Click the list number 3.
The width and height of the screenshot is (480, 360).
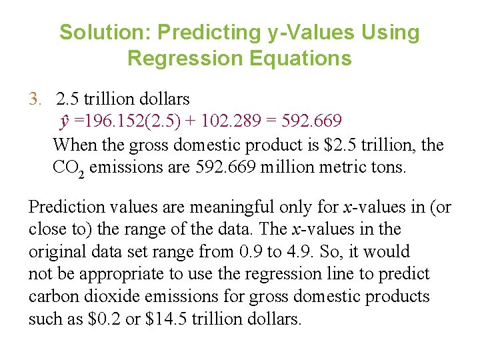click(x=35, y=99)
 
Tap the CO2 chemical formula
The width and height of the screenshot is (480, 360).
click(x=68, y=167)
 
